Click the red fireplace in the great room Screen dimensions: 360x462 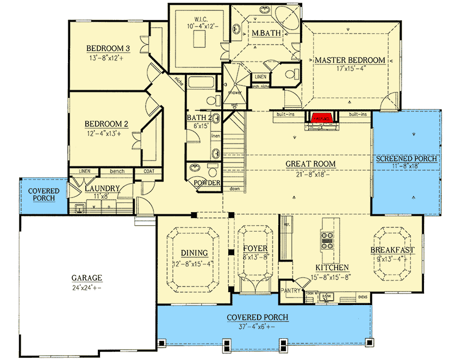[322, 117]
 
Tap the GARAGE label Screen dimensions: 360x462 [87, 276]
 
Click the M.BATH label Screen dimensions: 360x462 [265, 34]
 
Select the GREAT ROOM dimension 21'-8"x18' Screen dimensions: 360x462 [311, 174]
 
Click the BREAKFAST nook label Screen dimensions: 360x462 [393, 250]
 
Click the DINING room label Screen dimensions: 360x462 [195, 253]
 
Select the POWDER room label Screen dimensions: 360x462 [207, 183]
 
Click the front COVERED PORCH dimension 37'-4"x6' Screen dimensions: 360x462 [257, 327]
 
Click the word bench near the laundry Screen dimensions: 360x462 [117, 171]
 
